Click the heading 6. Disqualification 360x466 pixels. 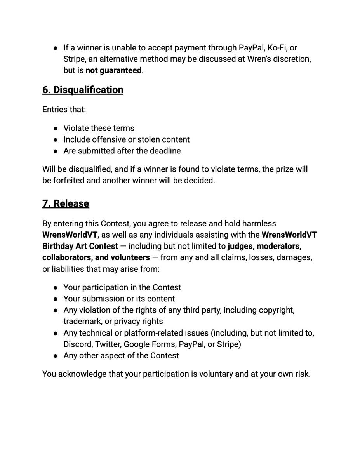(83, 90)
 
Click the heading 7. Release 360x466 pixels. (66, 203)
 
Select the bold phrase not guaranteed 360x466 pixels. (113, 70)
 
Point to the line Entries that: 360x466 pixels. (64, 110)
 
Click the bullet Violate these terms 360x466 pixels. (99, 128)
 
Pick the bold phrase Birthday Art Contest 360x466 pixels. (80, 246)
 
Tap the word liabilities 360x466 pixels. (72, 269)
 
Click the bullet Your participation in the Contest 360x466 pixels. (122, 287)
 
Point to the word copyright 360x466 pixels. (276, 310)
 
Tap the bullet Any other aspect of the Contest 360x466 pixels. (121, 355)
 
